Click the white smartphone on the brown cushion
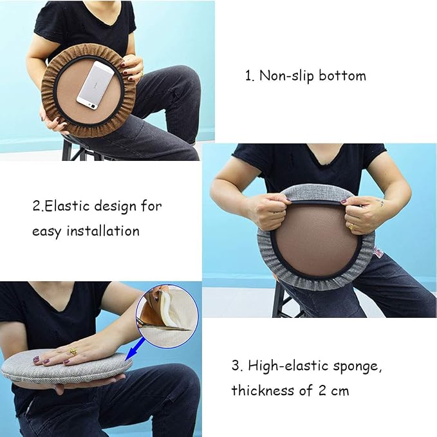(95, 86)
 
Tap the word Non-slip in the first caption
(287, 75)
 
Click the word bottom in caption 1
(342, 75)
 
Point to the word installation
(103, 231)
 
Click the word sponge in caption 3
(357, 366)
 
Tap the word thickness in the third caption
(263, 390)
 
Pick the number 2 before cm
(322, 391)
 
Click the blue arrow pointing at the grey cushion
(135, 348)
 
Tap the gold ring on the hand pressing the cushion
(73, 351)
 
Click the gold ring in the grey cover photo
(351, 227)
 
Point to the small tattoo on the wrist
(380, 202)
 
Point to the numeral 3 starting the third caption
(236, 366)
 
